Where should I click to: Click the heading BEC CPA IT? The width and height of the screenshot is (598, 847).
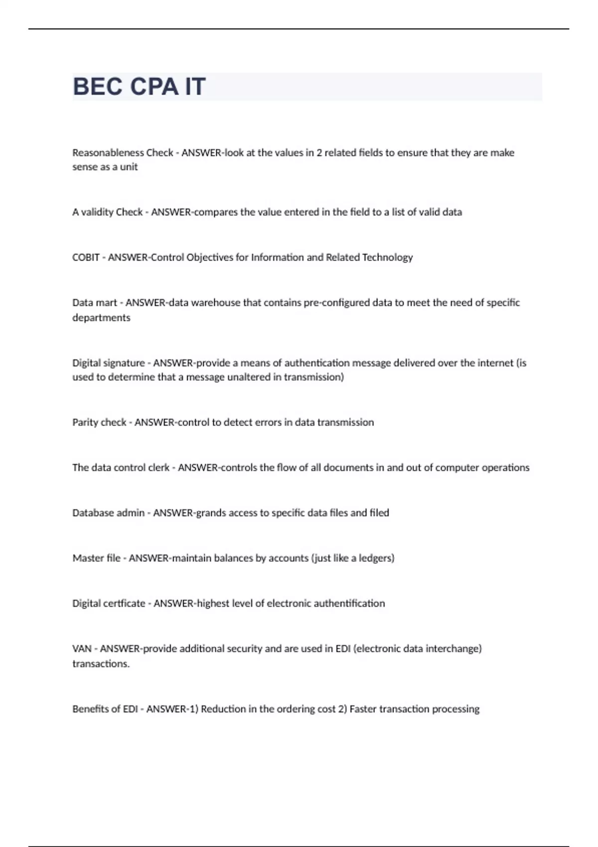tap(139, 87)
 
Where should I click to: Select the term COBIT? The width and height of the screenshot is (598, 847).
tap(86, 258)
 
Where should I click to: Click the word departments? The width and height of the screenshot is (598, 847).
tap(101, 318)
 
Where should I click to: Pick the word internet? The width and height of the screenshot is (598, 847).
tap(495, 363)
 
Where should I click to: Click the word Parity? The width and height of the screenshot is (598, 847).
tap(85, 423)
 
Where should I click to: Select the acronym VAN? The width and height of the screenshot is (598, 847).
tap(82, 649)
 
